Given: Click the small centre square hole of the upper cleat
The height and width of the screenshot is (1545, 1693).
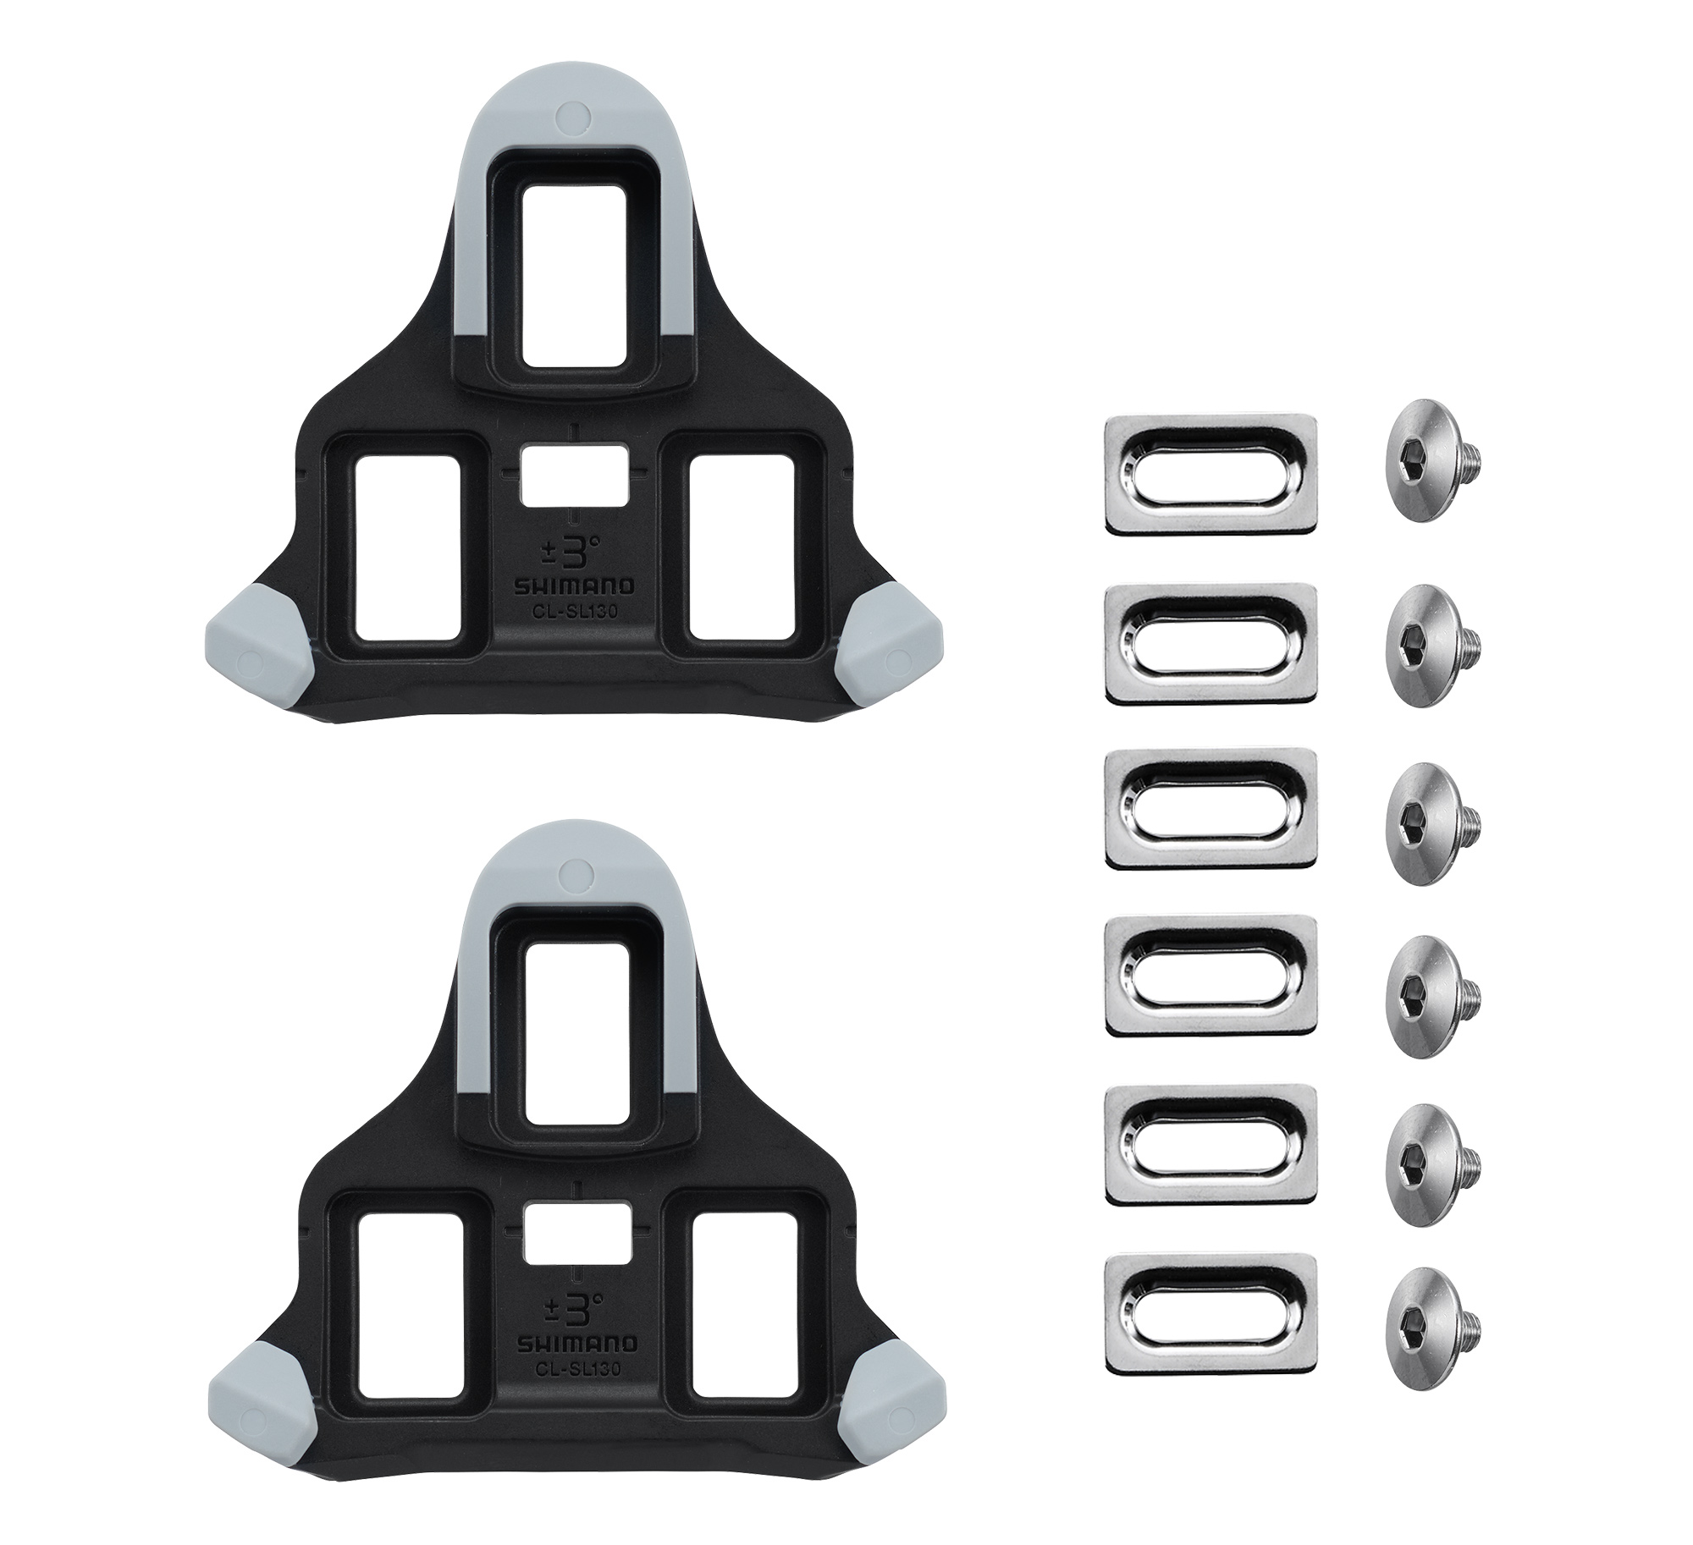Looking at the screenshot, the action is click(575, 477).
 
